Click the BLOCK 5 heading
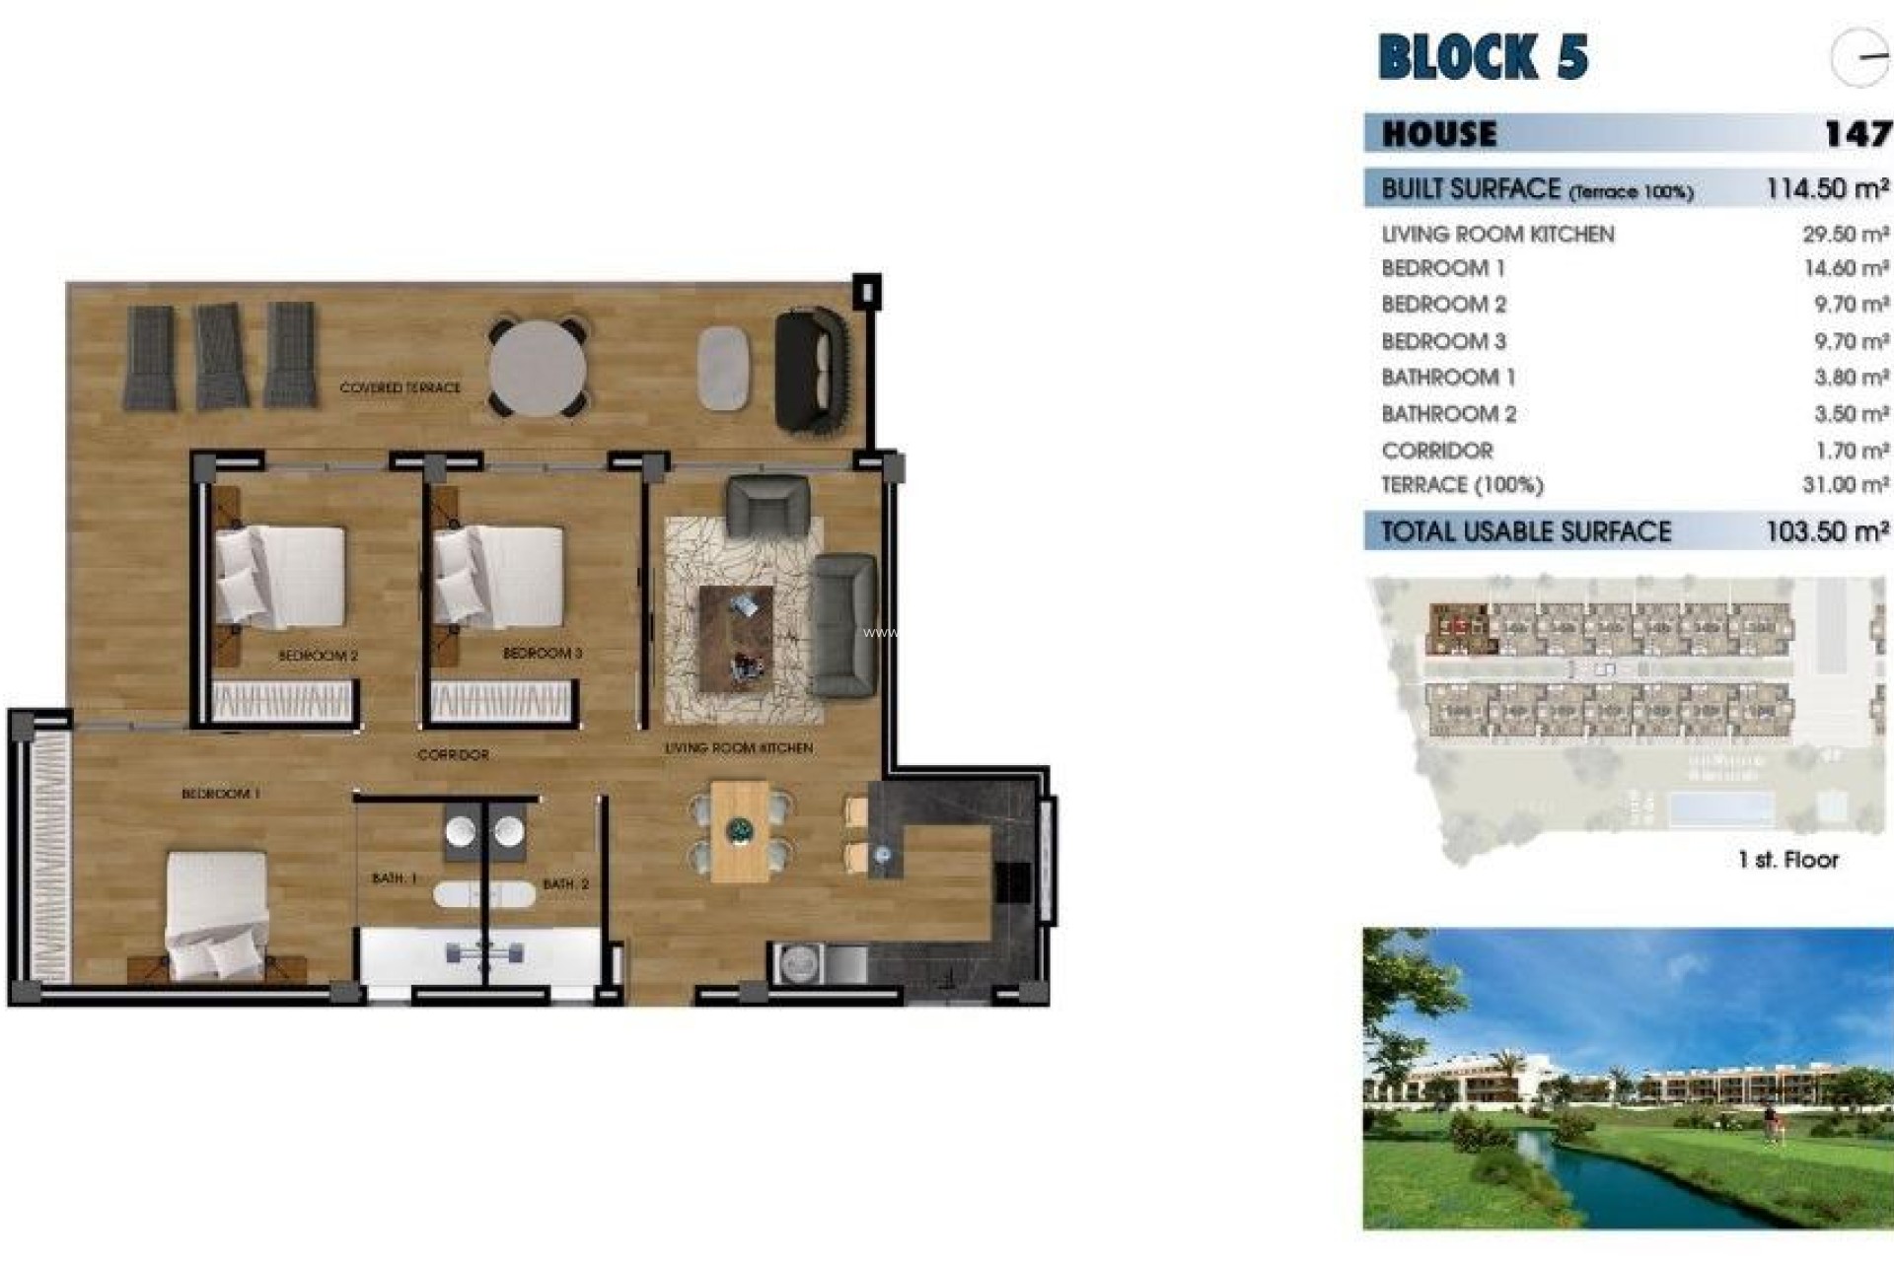(x=1483, y=56)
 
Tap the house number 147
(x=1857, y=133)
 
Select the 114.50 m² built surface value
(x=1827, y=188)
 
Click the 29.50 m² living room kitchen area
(x=1845, y=234)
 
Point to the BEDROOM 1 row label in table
(x=1442, y=268)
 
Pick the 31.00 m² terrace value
(x=1845, y=485)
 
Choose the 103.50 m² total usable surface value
(x=1827, y=531)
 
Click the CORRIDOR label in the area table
(x=1436, y=451)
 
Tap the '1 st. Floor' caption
(x=1787, y=860)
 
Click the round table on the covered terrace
(x=537, y=369)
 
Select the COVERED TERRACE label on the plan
(x=400, y=387)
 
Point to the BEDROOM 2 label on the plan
(x=318, y=655)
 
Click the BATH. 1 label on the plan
(x=394, y=877)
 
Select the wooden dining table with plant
(x=739, y=831)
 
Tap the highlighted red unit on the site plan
(x=1461, y=628)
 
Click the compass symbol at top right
(x=1859, y=57)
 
